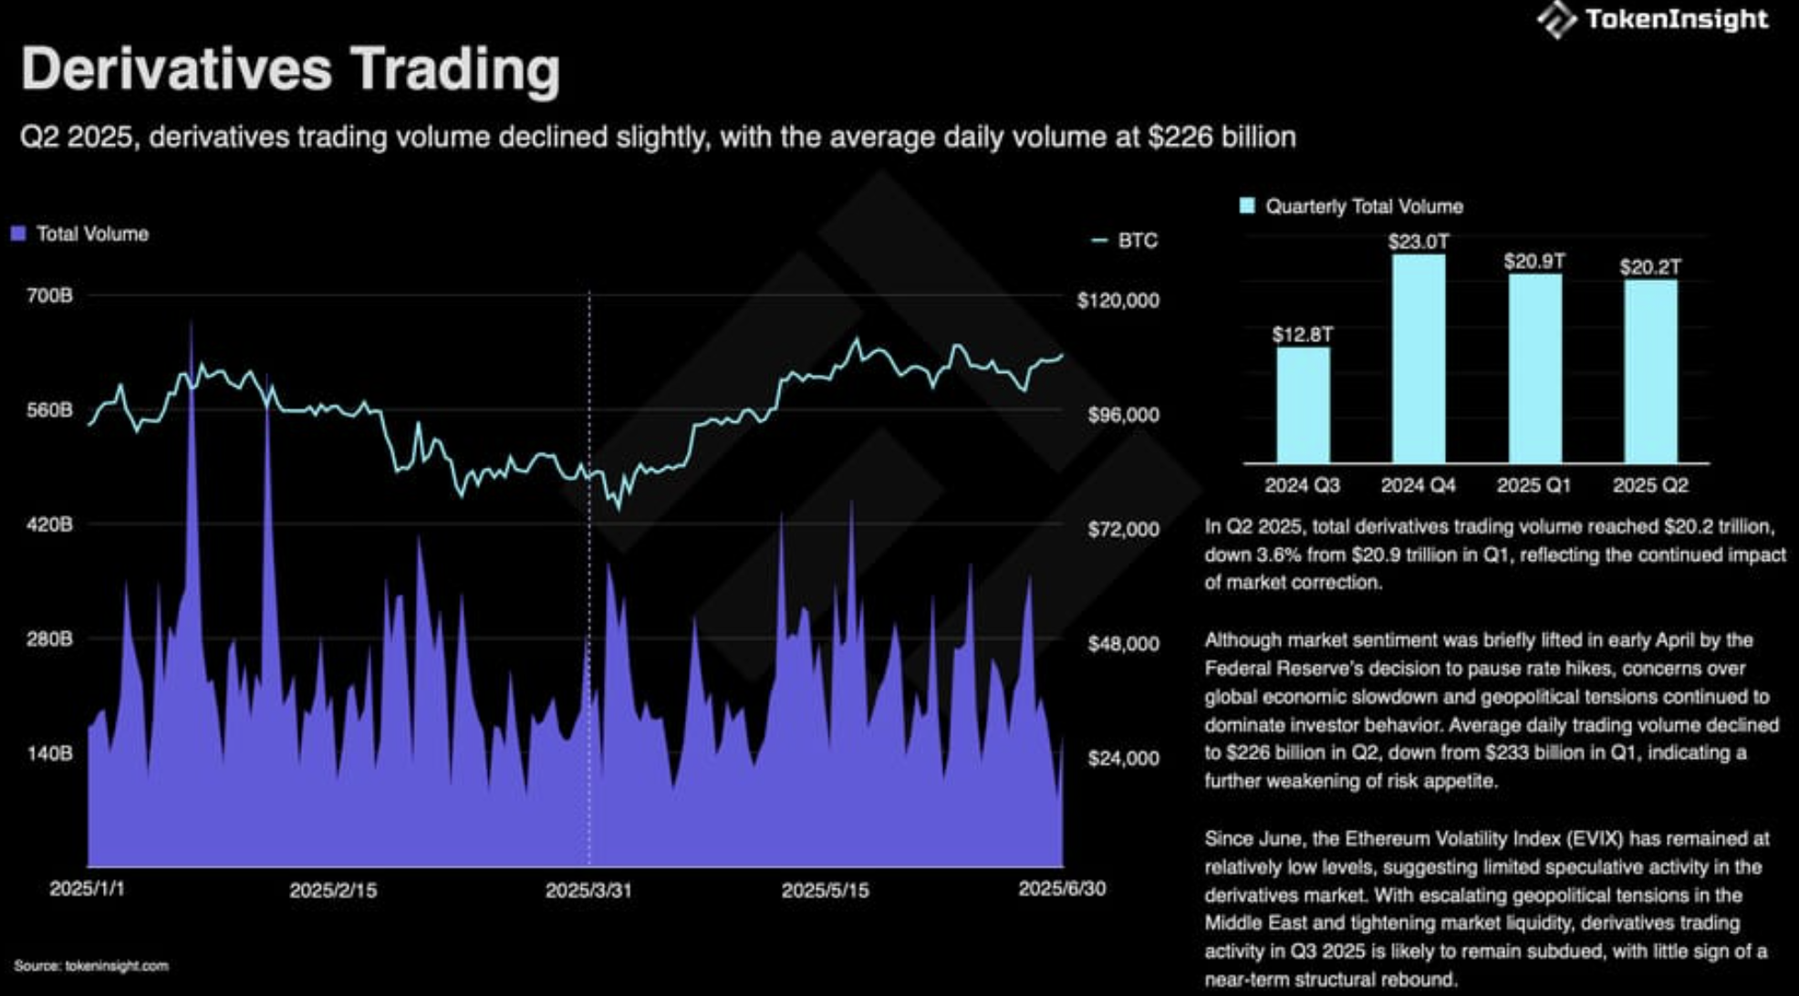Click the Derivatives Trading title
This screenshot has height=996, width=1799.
[x=290, y=69]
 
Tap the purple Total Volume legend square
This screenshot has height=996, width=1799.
[x=18, y=234]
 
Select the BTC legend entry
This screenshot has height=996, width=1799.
[x=1125, y=241]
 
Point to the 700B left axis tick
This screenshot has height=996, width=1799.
[x=49, y=296]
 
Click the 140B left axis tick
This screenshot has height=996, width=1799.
[x=49, y=753]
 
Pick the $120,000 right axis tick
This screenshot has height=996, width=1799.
[x=1118, y=301]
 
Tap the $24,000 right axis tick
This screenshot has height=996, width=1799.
[x=1123, y=759]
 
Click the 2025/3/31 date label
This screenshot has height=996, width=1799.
[x=588, y=890]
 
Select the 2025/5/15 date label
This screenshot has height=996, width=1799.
[x=825, y=890]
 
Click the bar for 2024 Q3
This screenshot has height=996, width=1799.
[x=1302, y=406]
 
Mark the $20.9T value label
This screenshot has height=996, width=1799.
[x=1534, y=262]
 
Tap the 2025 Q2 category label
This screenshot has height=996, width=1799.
[x=1649, y=485]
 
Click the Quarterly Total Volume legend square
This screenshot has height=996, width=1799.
[x=1247, y=206]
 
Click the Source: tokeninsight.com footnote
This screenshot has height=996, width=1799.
[x=91, y=966]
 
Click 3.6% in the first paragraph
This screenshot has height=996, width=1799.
[x=1278, y=555]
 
